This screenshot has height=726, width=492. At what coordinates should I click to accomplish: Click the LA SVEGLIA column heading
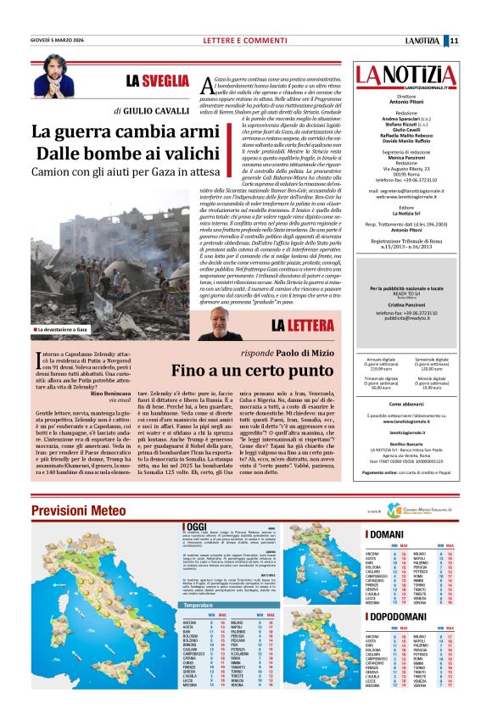tap(157, 81)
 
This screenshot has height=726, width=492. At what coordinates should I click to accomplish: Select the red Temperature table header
tap(200, 606)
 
